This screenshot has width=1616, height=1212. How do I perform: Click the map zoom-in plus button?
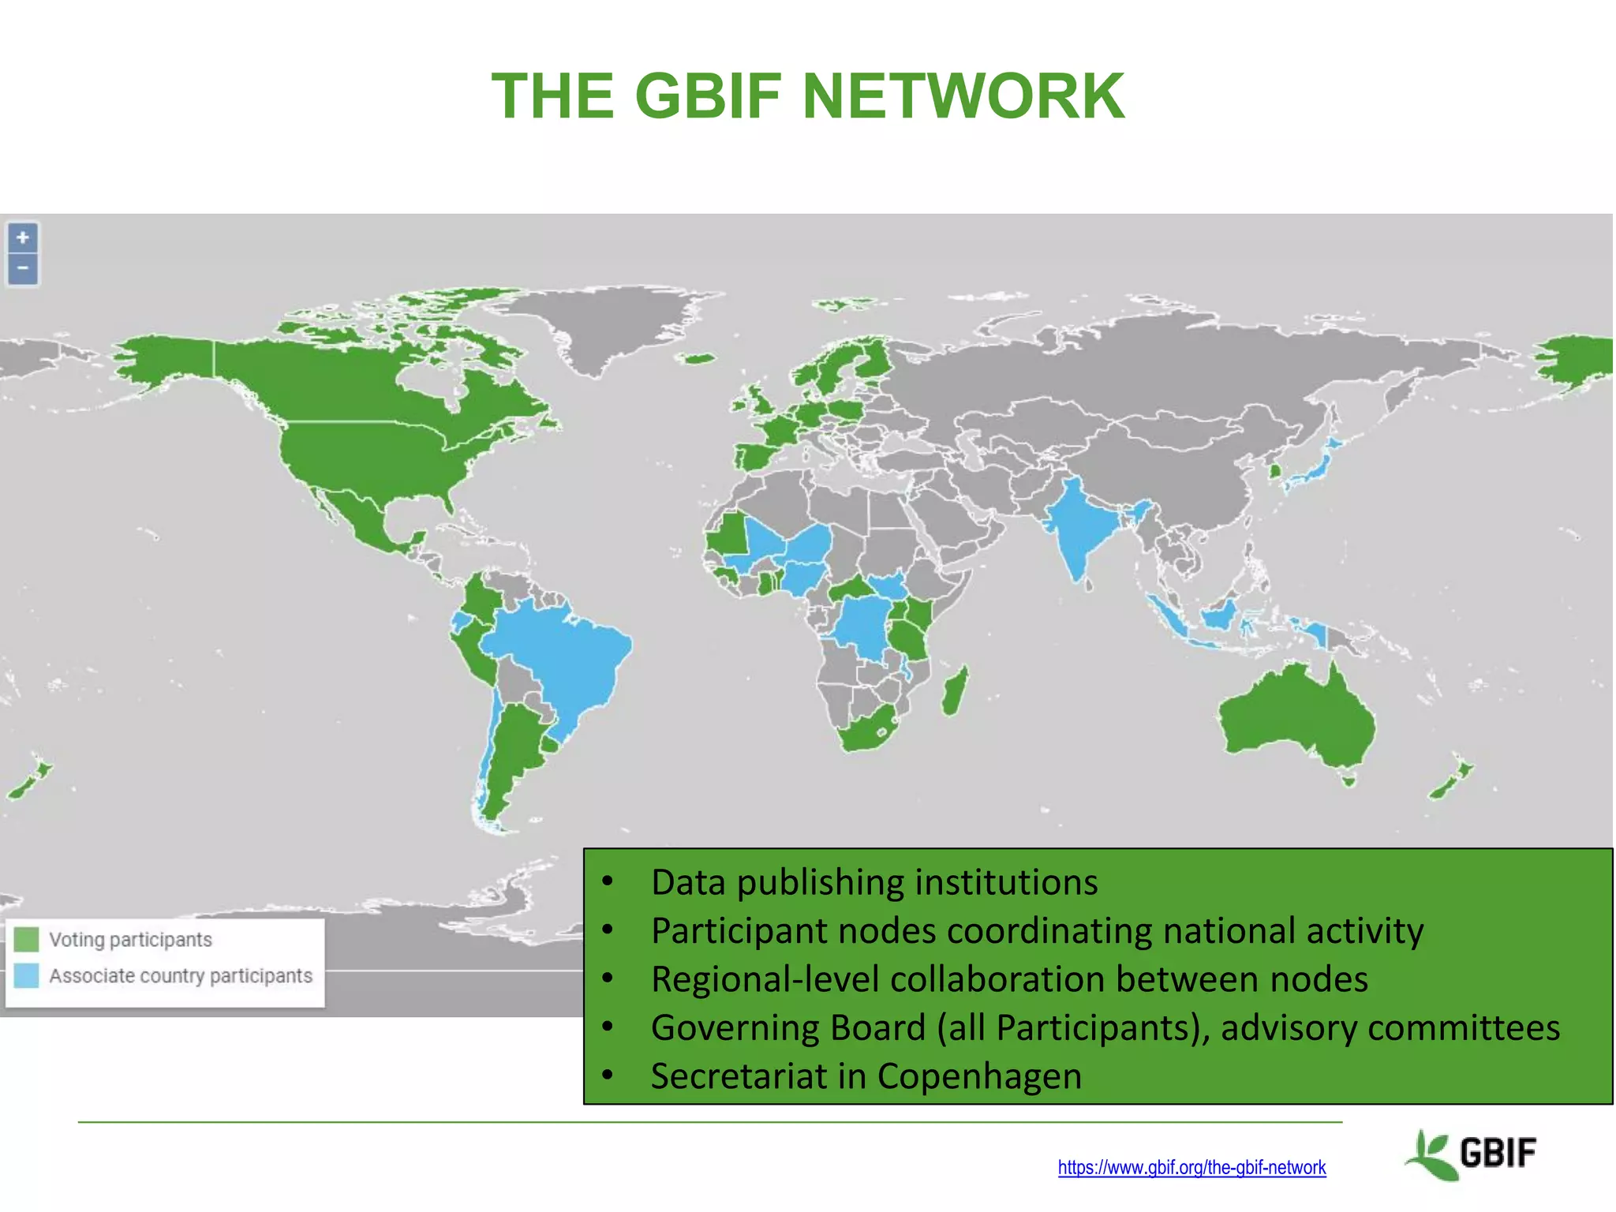tap(23, 238)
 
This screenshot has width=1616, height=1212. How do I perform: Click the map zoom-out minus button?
tap(23, 268)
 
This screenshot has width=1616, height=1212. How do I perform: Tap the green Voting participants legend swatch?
tap(26, 939)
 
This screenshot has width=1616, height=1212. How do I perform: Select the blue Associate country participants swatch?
tap(26, 975)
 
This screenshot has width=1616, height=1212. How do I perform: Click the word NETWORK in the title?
tap(963, 96)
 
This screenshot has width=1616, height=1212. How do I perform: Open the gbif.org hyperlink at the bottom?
tap(1191, 1167)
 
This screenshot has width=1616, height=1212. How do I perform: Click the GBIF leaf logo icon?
tap(1431, 1154)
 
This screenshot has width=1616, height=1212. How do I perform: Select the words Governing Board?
tap(787, 1027)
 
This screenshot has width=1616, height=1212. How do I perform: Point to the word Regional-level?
tap(765, 979)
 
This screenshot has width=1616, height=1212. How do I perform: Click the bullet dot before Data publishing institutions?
tap(607, 881)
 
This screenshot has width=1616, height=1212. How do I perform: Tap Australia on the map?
tap(1294, 718)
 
